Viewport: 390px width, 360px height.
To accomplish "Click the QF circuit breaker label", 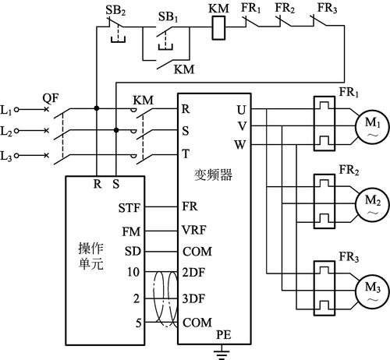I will click(x=50, y=98).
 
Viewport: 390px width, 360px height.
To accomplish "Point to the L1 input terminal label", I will click(x=9, y=111).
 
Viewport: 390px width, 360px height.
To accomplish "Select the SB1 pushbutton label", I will click(x=167, y=16).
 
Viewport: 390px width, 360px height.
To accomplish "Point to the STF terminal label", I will click(x=129, y=208).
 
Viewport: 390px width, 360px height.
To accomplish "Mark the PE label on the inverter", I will click(x=225, y=333).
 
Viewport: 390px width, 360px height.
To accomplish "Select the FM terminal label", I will click(x=131, y=231).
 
